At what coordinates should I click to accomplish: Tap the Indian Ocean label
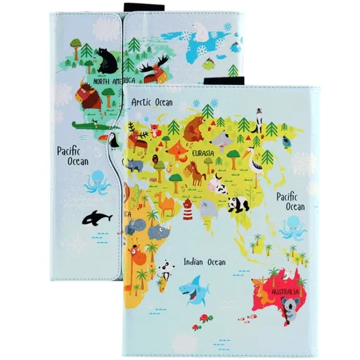204,262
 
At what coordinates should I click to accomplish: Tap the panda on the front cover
237,205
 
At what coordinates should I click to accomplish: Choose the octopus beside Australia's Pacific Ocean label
292,228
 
